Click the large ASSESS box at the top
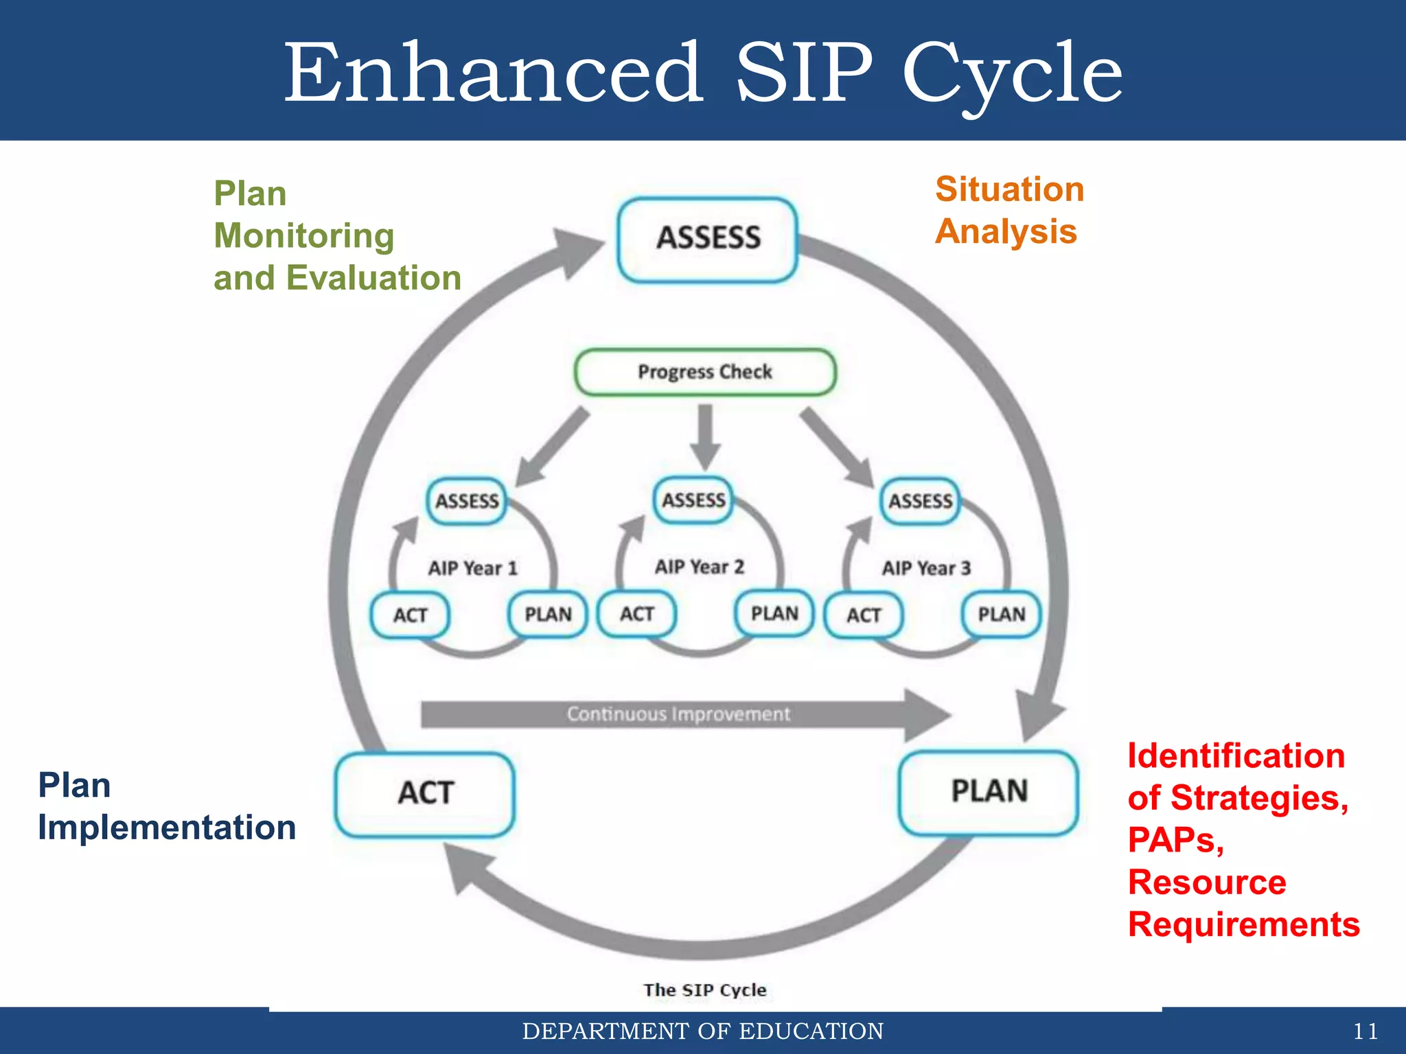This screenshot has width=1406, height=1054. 708,239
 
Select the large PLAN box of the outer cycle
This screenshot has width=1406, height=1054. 989,793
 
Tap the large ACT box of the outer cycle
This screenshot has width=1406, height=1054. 425,794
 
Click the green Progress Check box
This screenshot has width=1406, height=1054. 705,372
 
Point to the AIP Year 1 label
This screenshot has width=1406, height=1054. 473,568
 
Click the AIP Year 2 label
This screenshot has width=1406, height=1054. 699,567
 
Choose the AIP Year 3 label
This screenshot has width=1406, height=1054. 926,568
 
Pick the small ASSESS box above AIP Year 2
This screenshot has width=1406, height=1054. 693,500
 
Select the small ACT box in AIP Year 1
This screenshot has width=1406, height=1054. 411,615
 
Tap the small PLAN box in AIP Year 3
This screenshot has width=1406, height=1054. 1001,614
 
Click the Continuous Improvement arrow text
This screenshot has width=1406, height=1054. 678,714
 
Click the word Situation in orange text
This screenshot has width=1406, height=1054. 1009,189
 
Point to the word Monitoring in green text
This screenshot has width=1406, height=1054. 304,236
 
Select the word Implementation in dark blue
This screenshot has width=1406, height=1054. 167,828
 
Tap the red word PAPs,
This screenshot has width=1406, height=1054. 1175,840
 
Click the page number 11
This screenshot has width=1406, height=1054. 1365,1031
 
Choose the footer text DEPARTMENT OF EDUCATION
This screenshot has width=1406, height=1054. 703,1031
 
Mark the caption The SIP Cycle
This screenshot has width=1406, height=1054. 704,990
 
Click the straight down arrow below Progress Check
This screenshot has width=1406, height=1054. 705,436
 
